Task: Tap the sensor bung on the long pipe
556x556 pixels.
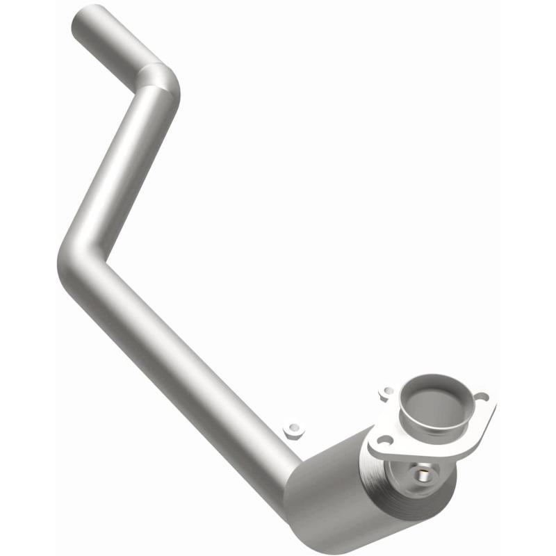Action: (x=295, y=431)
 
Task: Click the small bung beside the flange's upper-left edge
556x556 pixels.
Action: (x=386, y=393)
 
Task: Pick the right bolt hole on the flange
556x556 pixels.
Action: (x=481, y=398)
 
